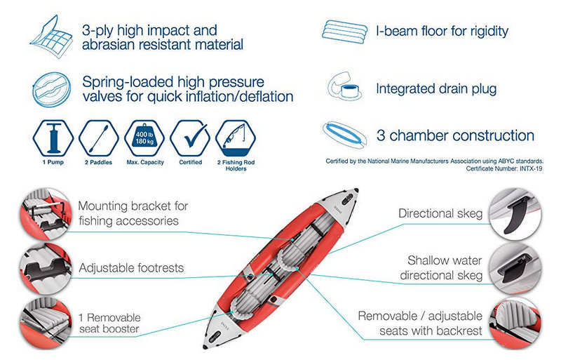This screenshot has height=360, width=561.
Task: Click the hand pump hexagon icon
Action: point(53,138)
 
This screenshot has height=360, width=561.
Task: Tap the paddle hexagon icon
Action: point(99,138)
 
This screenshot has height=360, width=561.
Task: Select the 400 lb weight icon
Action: point(144,138)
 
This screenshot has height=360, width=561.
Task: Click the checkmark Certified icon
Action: point(190,138)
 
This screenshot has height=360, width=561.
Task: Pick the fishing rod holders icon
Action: point(236,138)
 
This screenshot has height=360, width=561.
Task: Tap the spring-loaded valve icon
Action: point(51,90)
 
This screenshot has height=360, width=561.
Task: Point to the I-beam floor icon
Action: point(344,32)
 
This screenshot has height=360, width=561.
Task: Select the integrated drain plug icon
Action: point(344,87)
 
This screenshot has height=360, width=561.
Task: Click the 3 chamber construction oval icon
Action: point(344,135)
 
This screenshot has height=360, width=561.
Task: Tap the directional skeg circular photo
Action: point(515,214)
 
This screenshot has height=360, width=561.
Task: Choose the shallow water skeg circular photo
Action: point(515,269)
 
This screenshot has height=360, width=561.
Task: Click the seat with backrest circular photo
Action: point(515,323)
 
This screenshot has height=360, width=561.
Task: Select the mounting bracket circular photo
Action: point(46,214)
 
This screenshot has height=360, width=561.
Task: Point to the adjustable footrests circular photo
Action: point(46,269)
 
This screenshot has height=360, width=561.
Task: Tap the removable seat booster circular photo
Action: point(46,323)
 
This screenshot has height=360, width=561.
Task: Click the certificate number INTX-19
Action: point(531,168)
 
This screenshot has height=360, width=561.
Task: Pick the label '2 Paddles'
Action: point(98,162)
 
